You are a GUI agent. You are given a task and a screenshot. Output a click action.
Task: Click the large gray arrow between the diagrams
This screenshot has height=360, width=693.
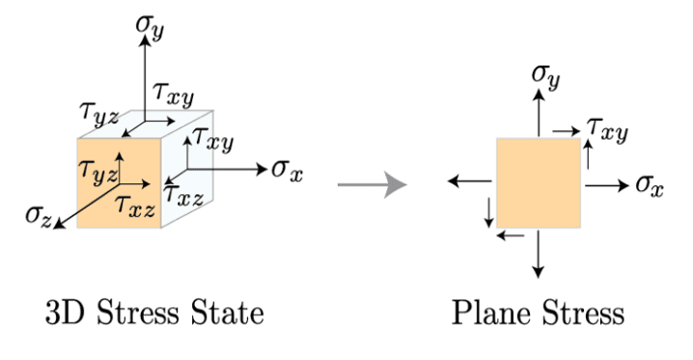tap(373, 184)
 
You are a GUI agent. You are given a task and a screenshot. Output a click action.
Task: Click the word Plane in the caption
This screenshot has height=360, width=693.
tap(491, 313)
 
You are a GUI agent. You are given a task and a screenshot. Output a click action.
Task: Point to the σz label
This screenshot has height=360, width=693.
tap(39, 216)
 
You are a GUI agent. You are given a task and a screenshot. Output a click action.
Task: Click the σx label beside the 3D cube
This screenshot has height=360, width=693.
tap(288, 170)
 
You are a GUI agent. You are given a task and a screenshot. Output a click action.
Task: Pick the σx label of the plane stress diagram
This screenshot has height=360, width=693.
tap(650, 185)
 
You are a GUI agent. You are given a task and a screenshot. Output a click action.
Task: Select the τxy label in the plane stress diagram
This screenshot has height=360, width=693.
tap(608, 129)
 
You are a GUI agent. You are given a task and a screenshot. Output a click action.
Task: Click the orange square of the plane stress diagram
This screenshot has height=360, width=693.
tap(539, 182)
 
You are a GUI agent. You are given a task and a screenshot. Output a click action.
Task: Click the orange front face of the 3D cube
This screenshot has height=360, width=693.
tap(119, 183)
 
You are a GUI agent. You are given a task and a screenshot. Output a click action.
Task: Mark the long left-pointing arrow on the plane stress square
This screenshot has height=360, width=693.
tap(470, 181)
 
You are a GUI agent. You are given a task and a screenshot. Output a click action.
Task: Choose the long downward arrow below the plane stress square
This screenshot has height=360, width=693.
tap(538, 254)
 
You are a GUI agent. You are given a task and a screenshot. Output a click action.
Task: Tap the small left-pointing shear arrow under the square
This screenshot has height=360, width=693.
tap(511, 235)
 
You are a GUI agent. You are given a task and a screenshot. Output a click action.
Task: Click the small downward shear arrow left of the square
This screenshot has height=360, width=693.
tap(488, 212)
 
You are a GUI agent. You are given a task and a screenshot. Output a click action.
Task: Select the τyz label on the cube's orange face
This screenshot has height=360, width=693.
tap(97, 172)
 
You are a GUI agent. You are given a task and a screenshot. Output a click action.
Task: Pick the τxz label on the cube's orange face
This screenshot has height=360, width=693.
tap(134, 206)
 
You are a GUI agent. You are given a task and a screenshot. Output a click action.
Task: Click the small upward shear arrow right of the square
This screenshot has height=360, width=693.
tap(588, 154)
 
